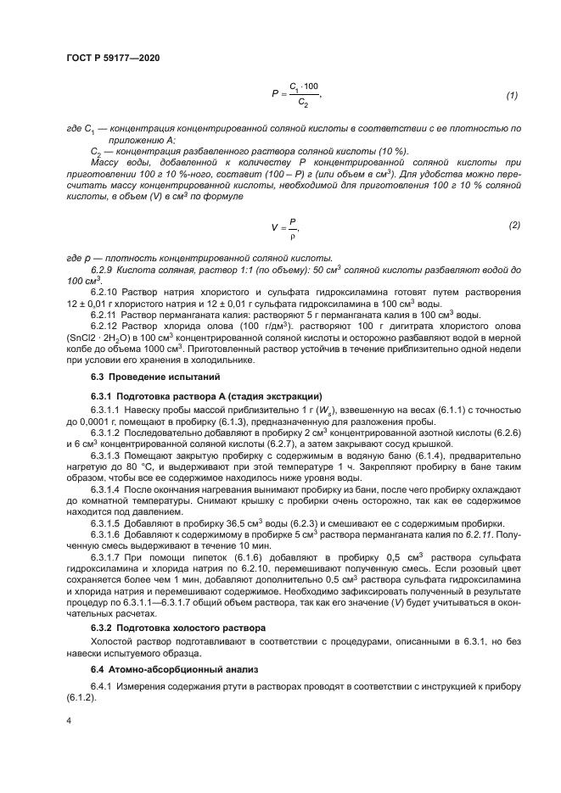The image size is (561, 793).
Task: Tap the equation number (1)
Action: click(512, 95)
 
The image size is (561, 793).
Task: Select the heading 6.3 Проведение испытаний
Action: click(144, 376)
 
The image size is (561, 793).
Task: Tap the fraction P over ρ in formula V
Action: click(293, 227)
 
